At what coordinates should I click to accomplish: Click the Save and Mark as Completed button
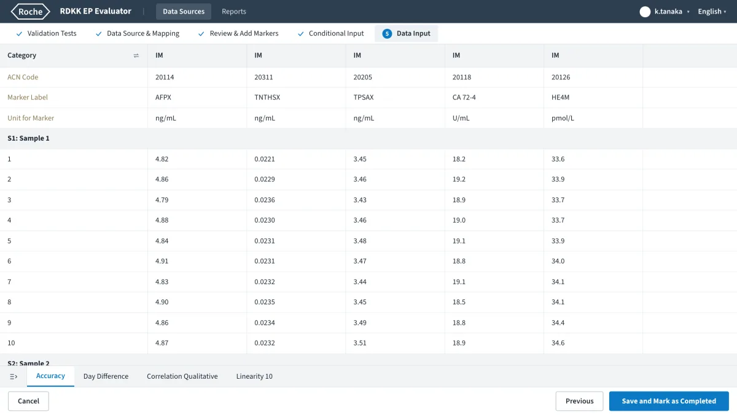point(669,401)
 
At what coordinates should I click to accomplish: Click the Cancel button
point(28,401)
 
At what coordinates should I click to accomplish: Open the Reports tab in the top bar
point(233,11)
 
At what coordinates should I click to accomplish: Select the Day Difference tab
point(106,376)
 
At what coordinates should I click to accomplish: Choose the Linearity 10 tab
point(254,376)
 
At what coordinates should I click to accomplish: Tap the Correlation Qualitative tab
point(182,376)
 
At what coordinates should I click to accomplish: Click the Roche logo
point(30,12)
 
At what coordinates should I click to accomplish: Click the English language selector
point(712,12)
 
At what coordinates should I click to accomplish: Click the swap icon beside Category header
point(136,55)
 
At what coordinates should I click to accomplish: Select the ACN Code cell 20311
point(263,77)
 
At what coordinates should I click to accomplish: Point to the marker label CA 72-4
point(464,97)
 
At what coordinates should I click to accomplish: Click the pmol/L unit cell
point(563,118)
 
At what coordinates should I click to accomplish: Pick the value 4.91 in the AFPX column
point(162,261)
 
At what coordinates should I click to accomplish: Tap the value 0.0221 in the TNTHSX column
point(265,159)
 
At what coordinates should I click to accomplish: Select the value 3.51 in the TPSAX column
point(360,343)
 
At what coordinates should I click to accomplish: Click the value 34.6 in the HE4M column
point(558,343)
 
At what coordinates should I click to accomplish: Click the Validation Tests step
point(46,33)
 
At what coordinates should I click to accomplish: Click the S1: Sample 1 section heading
point(28,138)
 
